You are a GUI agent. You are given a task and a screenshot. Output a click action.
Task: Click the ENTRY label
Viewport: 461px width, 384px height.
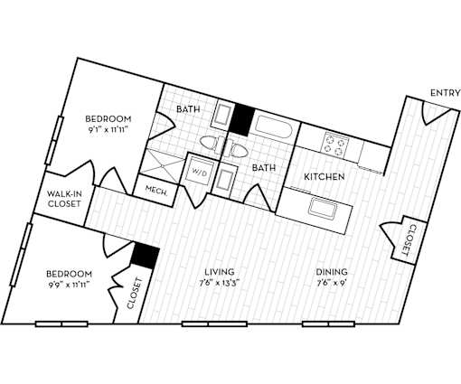tap(446, 93)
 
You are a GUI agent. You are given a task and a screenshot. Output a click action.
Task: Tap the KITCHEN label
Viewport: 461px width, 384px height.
tap(325, 176)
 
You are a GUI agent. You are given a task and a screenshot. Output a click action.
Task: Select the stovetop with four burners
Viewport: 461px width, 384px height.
tap(334, 145)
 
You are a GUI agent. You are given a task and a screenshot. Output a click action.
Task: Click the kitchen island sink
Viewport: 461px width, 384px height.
tap(323, 208)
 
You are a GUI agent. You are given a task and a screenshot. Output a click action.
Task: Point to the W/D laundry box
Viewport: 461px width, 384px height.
tap(200, 171)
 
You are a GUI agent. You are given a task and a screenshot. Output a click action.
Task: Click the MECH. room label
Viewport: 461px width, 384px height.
tap(156, 191)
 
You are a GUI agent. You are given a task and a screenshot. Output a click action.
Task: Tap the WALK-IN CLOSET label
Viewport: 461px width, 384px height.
tap(64, 199)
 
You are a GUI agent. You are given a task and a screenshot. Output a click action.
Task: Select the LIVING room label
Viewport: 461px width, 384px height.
tap(220, 272)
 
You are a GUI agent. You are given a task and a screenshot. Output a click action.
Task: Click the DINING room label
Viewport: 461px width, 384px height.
tap(332, 272)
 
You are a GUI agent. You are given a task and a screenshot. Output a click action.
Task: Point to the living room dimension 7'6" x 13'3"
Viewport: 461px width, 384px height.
tap(220, 284)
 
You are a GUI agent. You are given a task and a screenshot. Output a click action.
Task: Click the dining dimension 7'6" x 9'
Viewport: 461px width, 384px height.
tap(332, 284)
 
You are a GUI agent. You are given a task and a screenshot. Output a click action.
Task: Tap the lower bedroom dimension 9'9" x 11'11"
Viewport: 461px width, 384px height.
tap(70, 285)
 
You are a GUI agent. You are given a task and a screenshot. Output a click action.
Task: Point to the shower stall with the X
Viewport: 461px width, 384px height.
tap(163, 165)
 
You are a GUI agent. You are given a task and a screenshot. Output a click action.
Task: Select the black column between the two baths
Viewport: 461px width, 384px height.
tap(241, 118)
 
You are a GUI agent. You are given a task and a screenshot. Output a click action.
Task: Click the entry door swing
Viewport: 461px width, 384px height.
tap(436, 113)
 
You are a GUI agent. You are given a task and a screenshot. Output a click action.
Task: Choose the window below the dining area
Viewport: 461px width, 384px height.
tap(328, 324)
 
